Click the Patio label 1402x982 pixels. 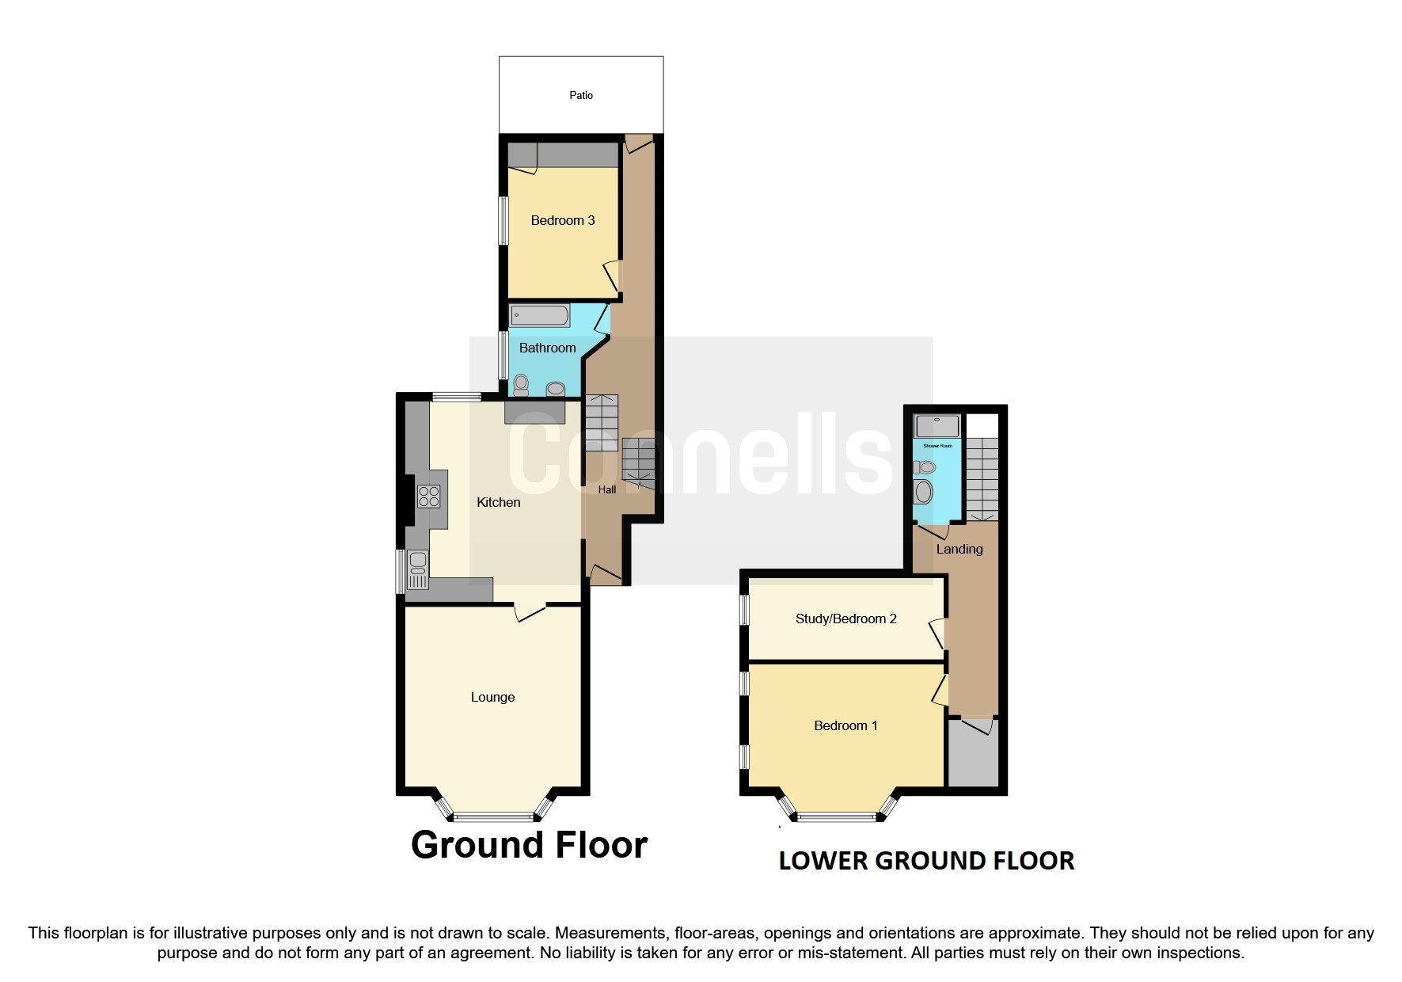point(580,95)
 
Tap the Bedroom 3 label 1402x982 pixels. point(562,220)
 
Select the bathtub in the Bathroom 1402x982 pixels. point(539,315)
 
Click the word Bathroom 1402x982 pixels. point(547,348)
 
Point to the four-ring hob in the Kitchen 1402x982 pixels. point(428,497)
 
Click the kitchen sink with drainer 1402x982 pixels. point(418,570)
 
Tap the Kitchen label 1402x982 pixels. point(498,502)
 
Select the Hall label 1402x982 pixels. point(606,489)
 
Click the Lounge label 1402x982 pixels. point(492,697)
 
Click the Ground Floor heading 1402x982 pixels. point(529,845)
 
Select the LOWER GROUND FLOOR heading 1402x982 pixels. point(926,861)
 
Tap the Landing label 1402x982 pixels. point(959,549)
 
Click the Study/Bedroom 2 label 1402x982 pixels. point(845,619)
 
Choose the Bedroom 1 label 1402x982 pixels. point(845,725)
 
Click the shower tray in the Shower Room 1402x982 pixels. point(937,426)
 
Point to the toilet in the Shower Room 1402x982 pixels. point(924,467)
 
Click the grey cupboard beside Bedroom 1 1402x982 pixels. point(974,756)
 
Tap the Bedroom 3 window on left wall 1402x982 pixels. point(502,220)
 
